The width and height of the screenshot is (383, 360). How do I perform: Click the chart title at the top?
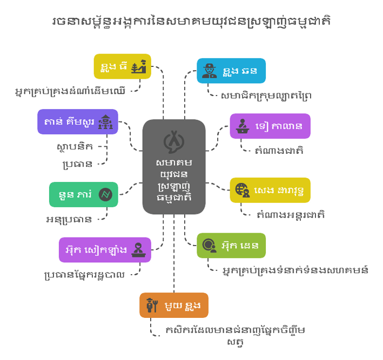(x=191, y=22)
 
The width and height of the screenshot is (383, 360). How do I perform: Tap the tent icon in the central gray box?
(x=174, y=141)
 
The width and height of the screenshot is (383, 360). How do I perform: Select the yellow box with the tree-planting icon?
(x=123, y=66)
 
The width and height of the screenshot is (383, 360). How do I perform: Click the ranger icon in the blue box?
(x=210, y=71)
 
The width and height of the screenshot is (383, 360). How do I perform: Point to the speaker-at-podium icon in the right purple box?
(x=243, y=126)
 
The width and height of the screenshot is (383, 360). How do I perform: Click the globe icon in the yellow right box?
(x=243, y=190)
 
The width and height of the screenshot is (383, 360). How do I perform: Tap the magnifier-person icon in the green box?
(x=210, y=245)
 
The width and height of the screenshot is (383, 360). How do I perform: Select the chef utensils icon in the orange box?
(x=152, y=305)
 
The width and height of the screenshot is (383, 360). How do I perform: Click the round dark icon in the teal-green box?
(x=105, y=194)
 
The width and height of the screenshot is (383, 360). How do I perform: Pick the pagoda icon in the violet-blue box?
(x=105, y=121)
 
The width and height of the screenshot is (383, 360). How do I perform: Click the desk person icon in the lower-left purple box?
(x=138, y=250)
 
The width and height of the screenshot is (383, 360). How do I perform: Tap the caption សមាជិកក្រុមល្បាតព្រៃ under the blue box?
(x=266, y=96)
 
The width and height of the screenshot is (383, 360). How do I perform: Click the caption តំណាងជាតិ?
(x=279, y=151)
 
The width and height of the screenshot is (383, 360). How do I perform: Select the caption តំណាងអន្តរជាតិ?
(x=291, y=215)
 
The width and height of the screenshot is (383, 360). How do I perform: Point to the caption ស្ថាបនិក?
(x=75, y=147)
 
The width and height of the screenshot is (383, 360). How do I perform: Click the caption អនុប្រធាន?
(x=69, y=220)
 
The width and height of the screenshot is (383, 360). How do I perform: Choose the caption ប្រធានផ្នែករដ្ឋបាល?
(x=84, y=275)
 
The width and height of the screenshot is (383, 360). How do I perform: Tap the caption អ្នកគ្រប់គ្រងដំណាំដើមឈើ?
(x=70, y=91)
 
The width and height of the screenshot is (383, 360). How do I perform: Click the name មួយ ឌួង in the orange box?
(x=183, y=305)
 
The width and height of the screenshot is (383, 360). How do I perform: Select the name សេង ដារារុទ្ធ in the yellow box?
(x=279, y=191)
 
